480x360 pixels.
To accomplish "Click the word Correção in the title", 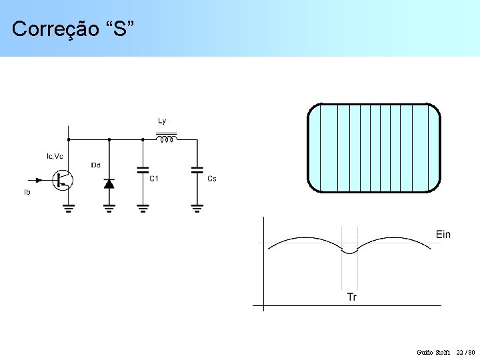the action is click(50, 29).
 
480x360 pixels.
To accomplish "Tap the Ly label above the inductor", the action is click(162, 121).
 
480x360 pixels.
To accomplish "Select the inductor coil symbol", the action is click(167, 139).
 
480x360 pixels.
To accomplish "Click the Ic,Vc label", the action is click(55, 156).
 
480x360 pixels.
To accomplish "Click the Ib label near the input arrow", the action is click(27, 192).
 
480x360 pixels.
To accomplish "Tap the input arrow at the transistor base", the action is click(37, 179).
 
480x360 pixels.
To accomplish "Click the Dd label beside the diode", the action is click(96, 165).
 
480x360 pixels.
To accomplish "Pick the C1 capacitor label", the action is click(154, 178).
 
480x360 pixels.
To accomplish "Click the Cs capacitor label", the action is click(212, 178).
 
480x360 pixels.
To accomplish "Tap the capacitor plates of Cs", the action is click(197, 171).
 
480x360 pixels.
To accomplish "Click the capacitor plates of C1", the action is click(142, 171).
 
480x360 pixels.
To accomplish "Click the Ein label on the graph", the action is click(443, 234).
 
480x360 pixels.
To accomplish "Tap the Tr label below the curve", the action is click(351, 297).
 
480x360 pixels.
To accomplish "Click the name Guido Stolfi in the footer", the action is click(433, 352).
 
